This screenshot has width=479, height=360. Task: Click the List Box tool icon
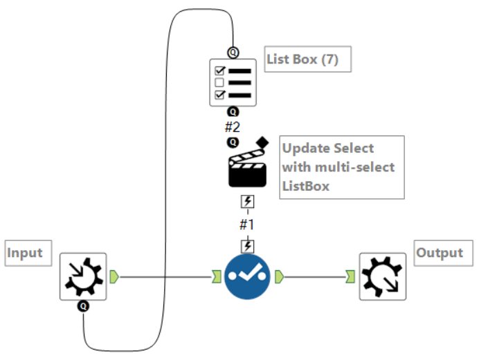(x=233, y=83)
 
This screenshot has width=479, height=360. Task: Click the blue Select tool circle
(x=247, y=276)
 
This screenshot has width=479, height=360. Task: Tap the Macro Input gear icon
(x=83, y=276)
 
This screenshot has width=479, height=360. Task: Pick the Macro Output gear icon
(x=383, y=276)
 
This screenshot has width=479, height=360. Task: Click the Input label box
(x=28, y=253)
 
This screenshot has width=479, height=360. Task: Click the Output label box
(x=443, y=253)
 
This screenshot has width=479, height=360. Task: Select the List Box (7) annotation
(x=307, y=59)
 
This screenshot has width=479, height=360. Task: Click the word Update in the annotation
(x=307, y=149)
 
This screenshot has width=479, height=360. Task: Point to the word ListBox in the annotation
(x=306, y=186)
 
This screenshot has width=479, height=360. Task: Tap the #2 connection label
(x=233, y=127)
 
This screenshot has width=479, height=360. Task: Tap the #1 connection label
(x=247, y=225)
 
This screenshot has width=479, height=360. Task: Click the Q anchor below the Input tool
(x=83, y=306)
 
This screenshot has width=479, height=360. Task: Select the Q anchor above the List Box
(x=233, y=53)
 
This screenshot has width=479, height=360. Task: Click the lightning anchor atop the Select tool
(x=247, y=246)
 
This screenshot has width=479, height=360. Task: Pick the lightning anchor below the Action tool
(x=247, y=202)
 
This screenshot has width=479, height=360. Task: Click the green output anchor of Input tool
(x=114, y=276)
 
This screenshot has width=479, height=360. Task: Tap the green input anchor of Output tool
(x=350, y=276)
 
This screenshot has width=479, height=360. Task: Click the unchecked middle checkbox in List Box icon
(x=219, y=83)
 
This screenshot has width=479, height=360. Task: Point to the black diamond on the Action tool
(x=262, y=142)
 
